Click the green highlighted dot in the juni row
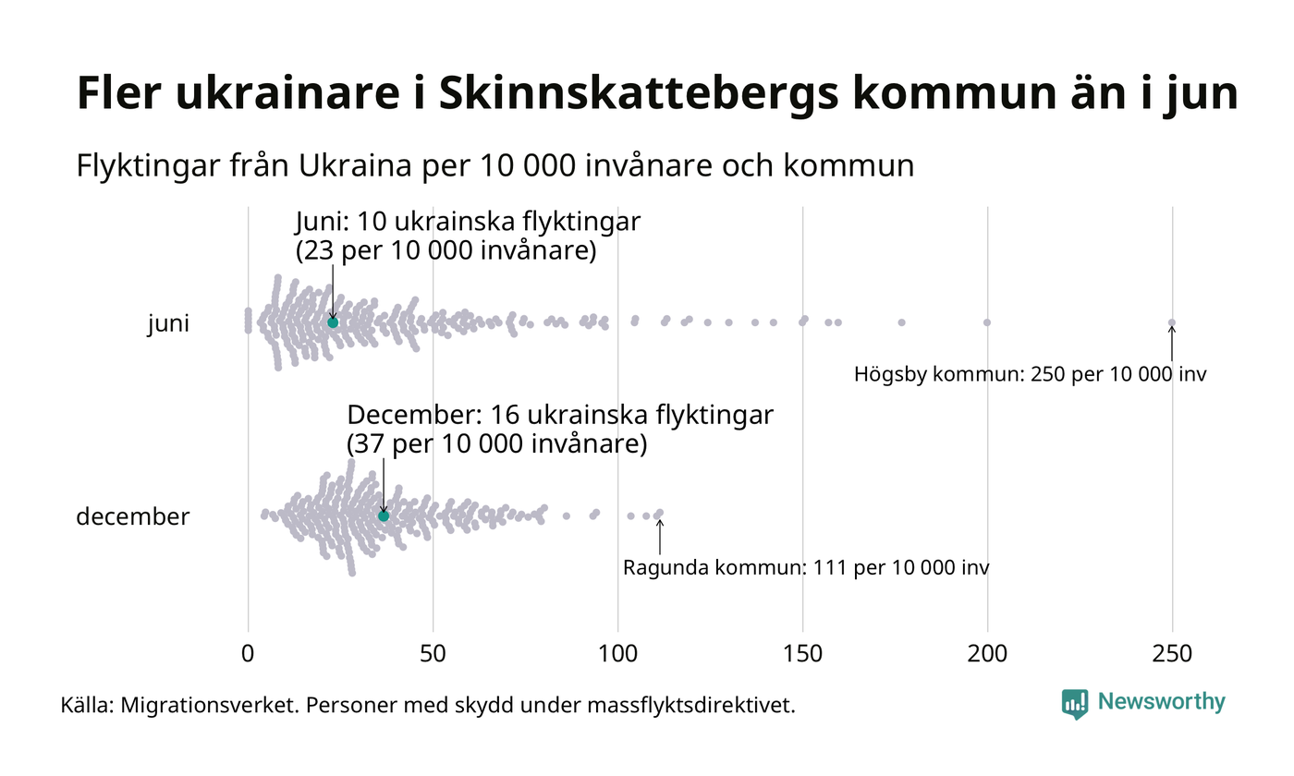coord(333,321)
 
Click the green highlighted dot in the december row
coord(384,515)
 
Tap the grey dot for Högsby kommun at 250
coord(1172,322)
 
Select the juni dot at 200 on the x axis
coord(987,322)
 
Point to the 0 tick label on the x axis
coord(248,653)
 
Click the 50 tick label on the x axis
coord(433,653)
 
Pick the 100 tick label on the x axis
coord(617,653)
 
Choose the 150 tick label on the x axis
coord(802,653)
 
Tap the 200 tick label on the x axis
coord(987,653)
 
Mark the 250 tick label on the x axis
coord(1172,653)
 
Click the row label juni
coord(168,324)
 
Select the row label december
coord(132,516)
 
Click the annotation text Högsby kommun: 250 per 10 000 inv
coord(1030,374)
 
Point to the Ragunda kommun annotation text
coord(806,567)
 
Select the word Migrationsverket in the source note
coord(207,706)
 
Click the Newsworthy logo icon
coord(1075,703)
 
